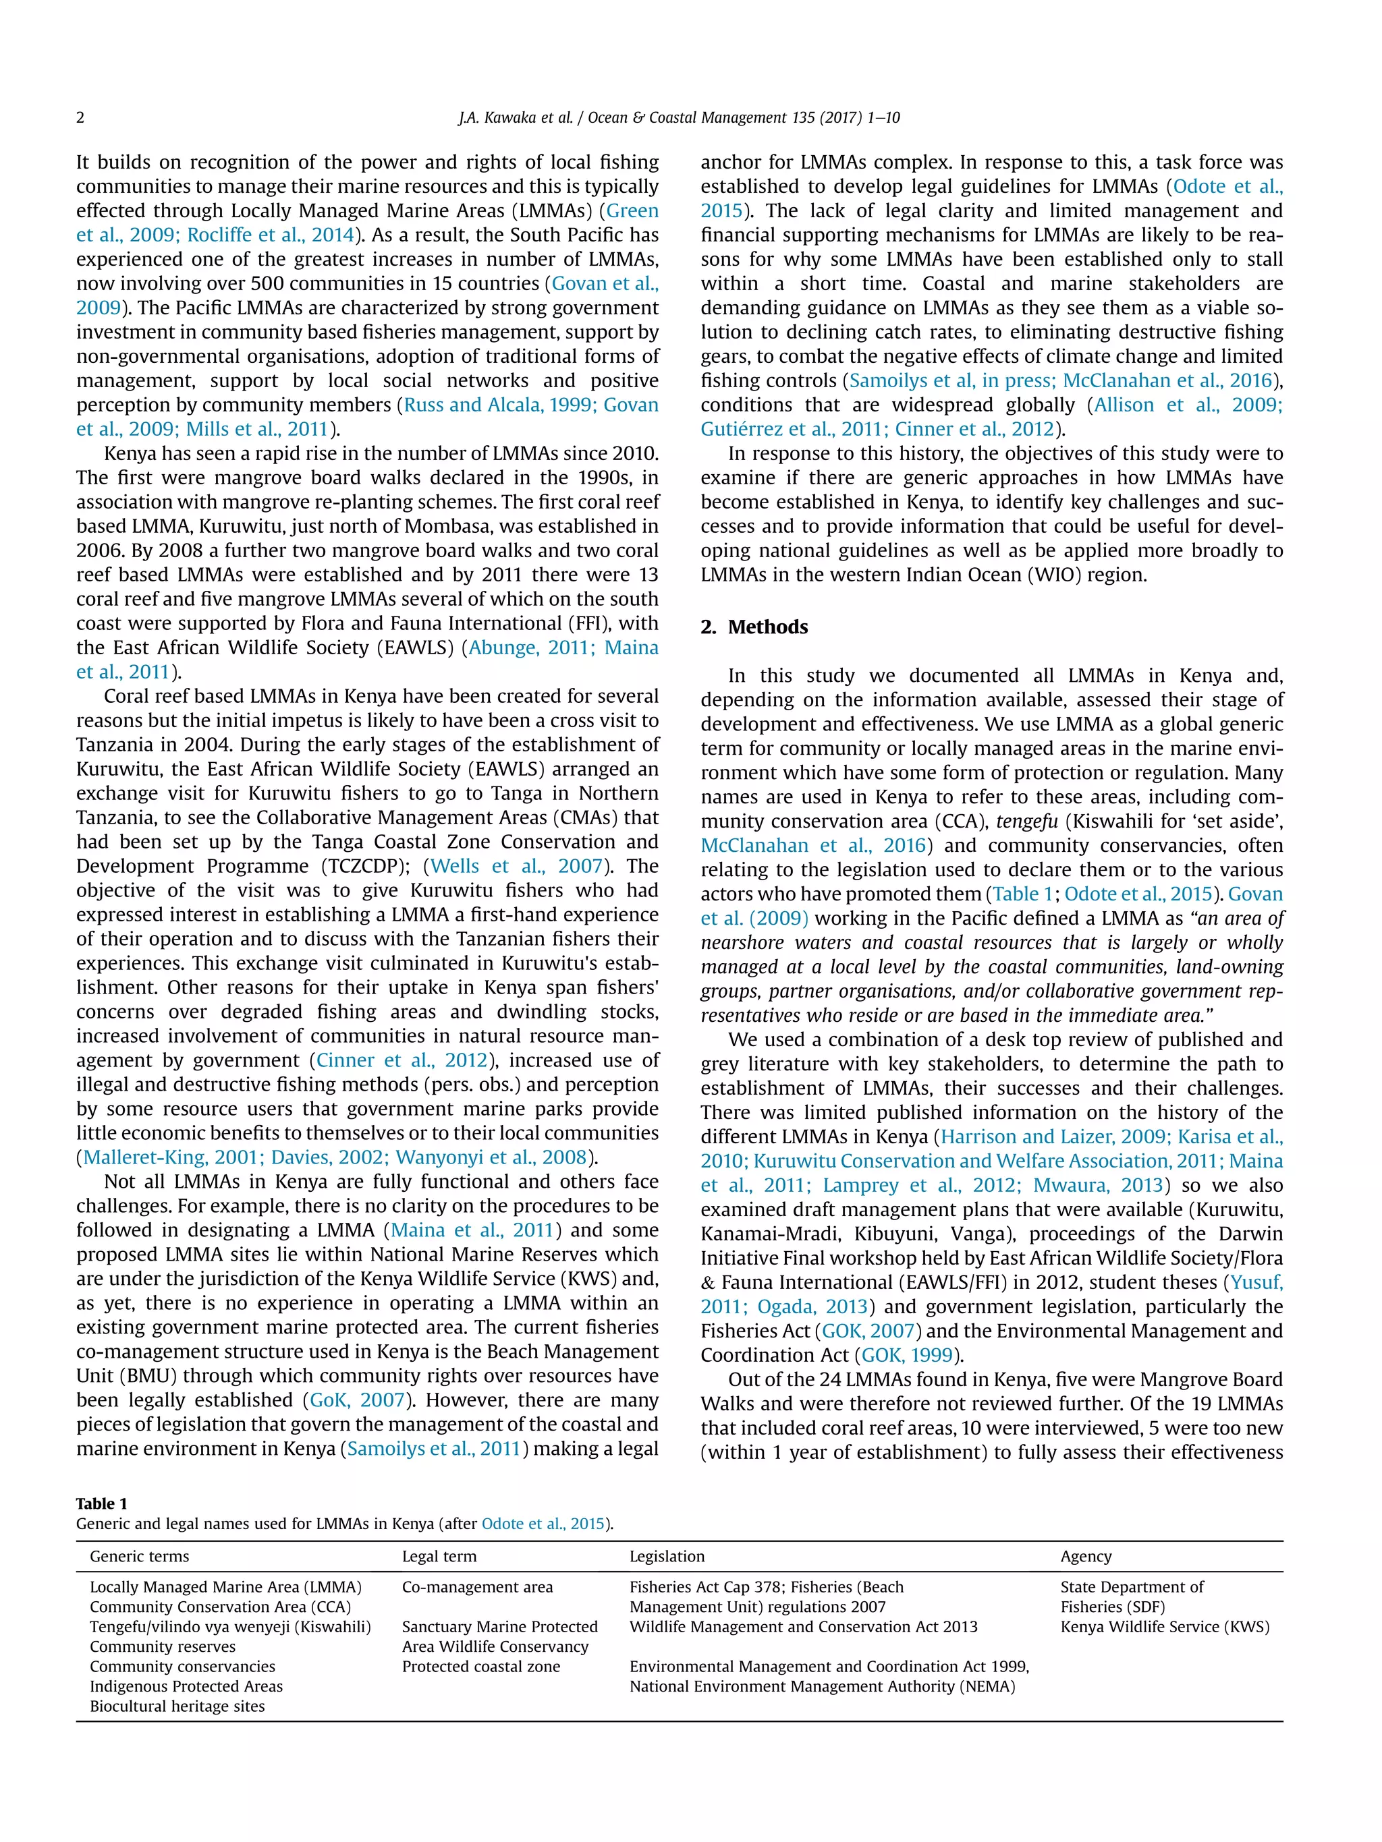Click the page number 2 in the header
[80, 117]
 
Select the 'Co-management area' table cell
[477, 1587]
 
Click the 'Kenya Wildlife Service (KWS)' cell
[1165, 1626]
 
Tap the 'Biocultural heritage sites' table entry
[177, 1706]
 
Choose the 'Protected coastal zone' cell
[480, 1666]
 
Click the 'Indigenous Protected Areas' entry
[186, 1686]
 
